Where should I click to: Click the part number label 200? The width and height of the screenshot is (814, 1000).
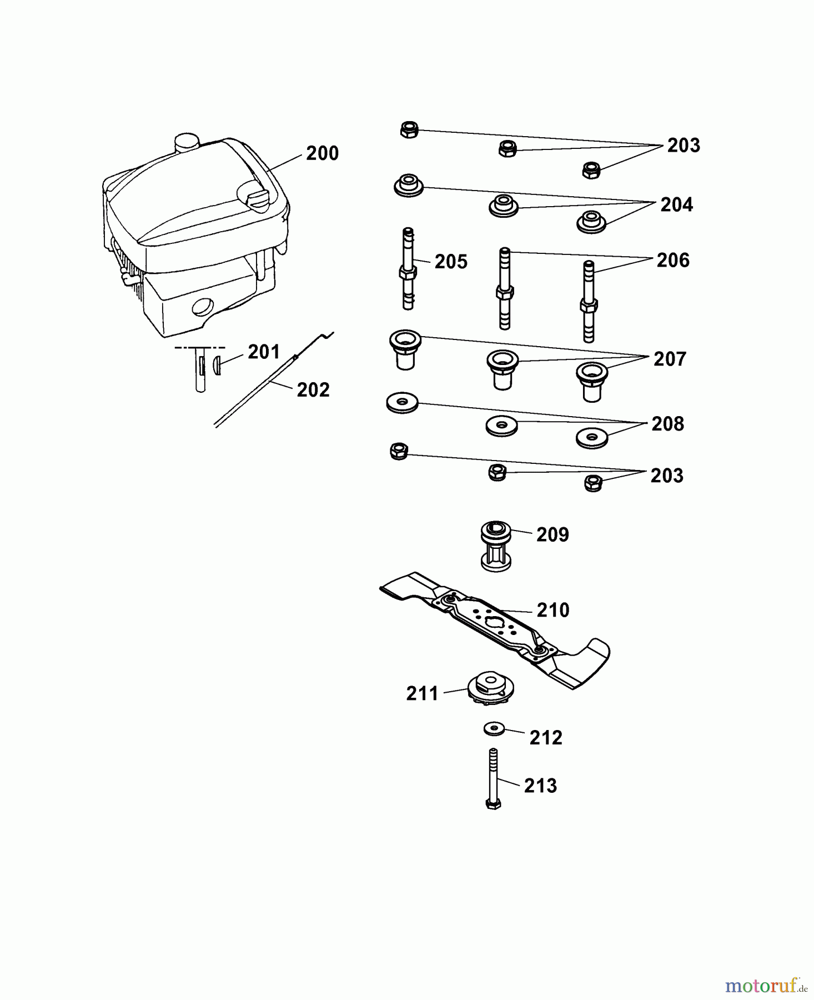[322, 153]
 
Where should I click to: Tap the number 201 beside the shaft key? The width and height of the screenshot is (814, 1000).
[263, 352]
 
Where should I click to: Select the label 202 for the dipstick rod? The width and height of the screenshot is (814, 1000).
[313, 390]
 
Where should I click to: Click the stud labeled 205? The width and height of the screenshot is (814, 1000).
[408, 269]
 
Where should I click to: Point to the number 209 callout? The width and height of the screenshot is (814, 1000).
[552, 535]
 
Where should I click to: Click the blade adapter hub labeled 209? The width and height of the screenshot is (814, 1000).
[495, 547]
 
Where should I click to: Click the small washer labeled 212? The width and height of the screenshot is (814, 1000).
[493, 728]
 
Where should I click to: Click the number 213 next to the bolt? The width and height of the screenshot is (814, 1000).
[540, 786]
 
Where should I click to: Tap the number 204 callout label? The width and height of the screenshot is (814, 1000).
[676, 205]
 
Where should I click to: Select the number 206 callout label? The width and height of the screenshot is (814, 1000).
[673, 260]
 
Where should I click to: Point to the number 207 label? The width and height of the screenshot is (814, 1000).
[670, 359]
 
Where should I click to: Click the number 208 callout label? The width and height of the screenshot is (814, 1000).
[667, 424]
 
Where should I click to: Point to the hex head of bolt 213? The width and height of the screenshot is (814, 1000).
[493, 803]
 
